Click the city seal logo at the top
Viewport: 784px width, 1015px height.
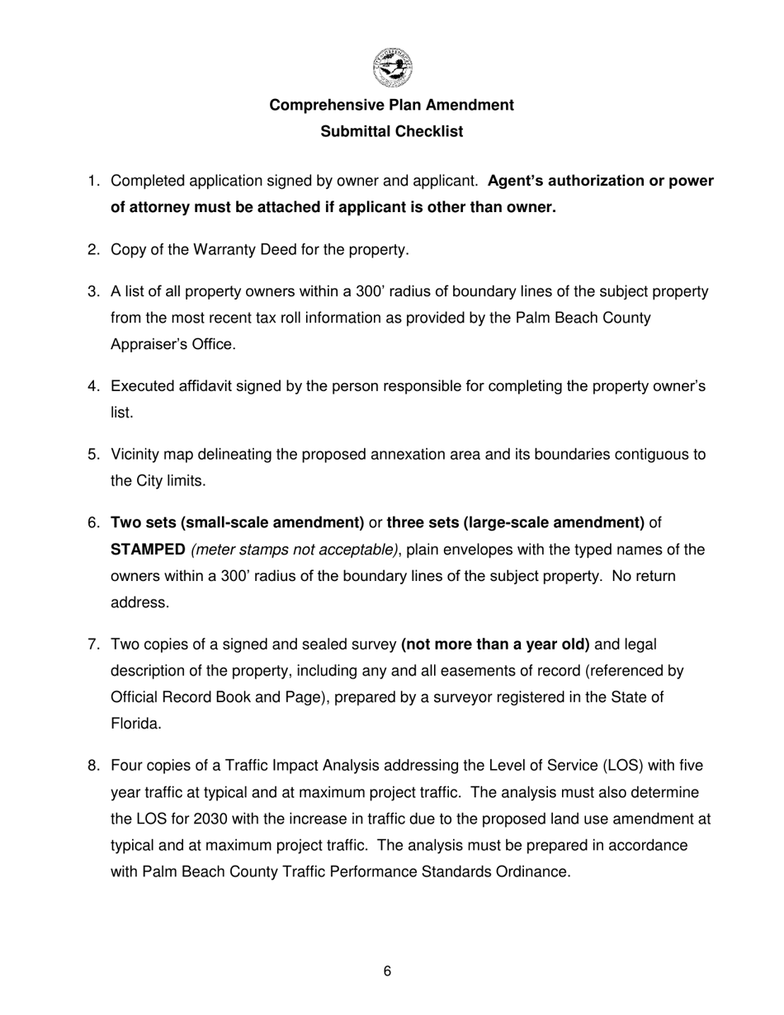[x=392, y=68]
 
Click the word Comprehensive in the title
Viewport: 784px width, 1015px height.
[x=324, y=106]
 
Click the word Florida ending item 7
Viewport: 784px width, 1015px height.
[x=135, y=724]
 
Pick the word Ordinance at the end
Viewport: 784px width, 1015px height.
[x=533, y=872]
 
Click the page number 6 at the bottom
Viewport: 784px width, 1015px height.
[x=388, y=972]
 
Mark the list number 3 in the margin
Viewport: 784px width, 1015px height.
[x=92, y=291]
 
